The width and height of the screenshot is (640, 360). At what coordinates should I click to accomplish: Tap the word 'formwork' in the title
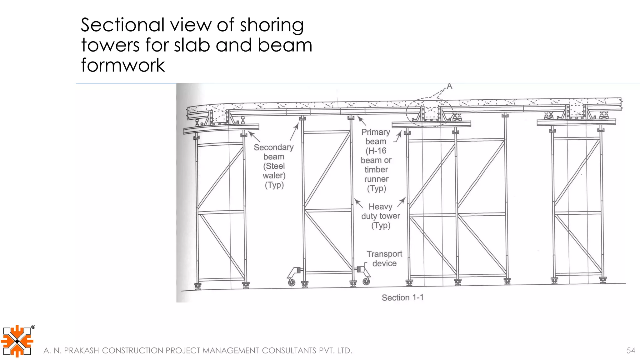123,65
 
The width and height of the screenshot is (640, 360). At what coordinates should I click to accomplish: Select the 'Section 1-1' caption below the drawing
402,297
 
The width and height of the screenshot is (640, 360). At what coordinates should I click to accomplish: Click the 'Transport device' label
384,259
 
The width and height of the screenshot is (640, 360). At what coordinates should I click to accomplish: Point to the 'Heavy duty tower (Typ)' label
380,216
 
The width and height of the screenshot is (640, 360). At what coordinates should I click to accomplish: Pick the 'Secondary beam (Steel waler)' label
274,166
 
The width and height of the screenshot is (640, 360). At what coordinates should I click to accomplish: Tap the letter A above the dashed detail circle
449,86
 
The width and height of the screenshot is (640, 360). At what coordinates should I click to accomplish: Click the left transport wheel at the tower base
291,282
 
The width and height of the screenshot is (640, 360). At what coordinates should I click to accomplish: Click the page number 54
631,351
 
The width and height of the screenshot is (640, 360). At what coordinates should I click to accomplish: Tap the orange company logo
17,341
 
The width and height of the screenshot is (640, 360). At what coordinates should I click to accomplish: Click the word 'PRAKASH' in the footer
81,351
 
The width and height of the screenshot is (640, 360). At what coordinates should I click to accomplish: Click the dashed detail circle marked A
429,112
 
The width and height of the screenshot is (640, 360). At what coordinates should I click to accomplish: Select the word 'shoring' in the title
272,25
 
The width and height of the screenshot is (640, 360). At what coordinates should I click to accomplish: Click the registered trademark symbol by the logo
33,327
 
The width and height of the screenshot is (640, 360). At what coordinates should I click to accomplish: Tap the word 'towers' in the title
110,45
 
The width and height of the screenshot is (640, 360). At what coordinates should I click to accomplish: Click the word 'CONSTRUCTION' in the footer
133,351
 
